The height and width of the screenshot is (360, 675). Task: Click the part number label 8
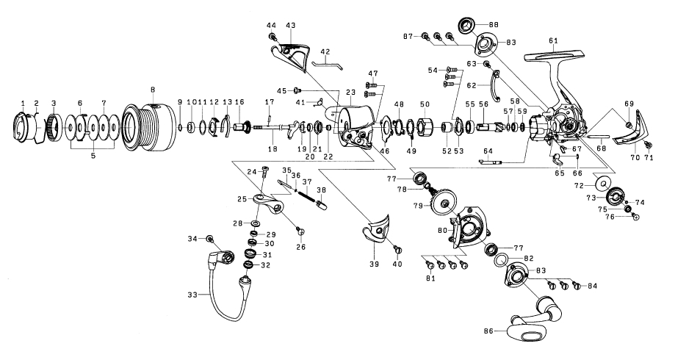tap(152, 89)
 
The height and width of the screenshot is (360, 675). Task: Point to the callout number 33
tap(191, 295)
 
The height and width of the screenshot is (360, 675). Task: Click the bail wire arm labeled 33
tap(220, 294)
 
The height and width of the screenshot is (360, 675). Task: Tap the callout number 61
tap(552, 40)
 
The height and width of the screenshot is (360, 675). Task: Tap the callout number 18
tap(272, 149)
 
